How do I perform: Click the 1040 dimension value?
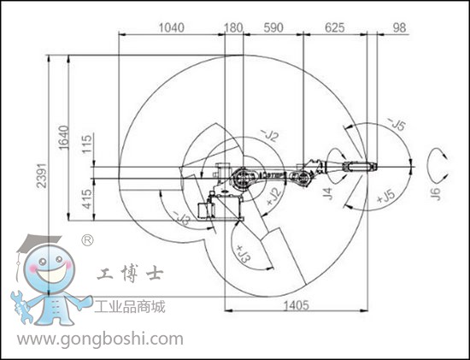(171, 27)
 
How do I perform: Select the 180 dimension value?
(233, 27)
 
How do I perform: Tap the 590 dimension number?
(273, 27)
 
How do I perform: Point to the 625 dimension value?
(335, 27)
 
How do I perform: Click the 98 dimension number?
(399, 27)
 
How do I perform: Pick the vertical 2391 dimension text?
(42, 175)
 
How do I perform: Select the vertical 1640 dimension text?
(63, 138)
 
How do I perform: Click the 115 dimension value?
(87, 144)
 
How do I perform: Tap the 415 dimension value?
(87, 198)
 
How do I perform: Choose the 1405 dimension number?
(296, 305)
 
